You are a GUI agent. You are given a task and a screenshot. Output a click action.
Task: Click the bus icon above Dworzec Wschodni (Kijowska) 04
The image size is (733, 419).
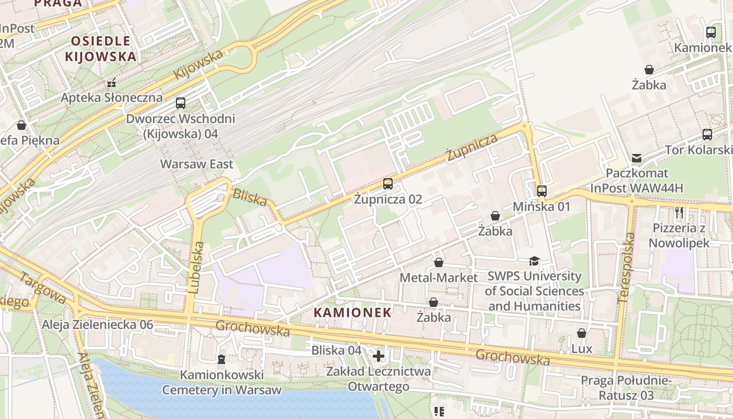coord(181,103)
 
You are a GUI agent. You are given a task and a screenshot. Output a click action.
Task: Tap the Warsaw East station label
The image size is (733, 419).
coord(196,164)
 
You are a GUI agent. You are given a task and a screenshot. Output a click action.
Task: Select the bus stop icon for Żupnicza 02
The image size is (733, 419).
coord(387,184)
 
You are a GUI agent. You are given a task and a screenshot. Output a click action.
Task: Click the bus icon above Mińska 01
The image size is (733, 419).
coord(542,191)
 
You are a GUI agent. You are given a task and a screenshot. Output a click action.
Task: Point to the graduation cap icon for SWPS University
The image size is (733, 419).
coord(534,261)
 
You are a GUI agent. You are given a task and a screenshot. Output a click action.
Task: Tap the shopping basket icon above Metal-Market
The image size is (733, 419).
coord(439,262)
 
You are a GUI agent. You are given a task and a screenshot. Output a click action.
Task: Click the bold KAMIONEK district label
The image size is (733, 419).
coord(352,313)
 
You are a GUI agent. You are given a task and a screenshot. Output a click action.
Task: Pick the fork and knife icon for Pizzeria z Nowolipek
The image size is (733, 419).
coord(680,213)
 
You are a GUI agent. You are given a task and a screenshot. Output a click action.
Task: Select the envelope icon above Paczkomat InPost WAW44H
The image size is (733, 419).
coord(637,158)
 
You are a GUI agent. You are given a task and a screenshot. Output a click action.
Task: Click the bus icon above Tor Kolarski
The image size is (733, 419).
coord(707,135)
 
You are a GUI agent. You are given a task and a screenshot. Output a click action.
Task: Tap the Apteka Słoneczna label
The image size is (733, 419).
coord(112,97)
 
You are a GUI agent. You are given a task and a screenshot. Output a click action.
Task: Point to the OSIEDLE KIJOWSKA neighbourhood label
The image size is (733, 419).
coord(101,49)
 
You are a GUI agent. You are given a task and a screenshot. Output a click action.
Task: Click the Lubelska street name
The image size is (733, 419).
coord(196,267)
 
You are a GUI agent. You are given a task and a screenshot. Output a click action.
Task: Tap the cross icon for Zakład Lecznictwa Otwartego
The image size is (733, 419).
coord(378,356)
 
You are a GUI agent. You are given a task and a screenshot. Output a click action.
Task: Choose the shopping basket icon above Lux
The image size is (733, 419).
coord(581,333)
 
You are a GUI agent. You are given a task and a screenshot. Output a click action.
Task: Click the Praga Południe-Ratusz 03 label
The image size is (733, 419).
coord(626,388)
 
